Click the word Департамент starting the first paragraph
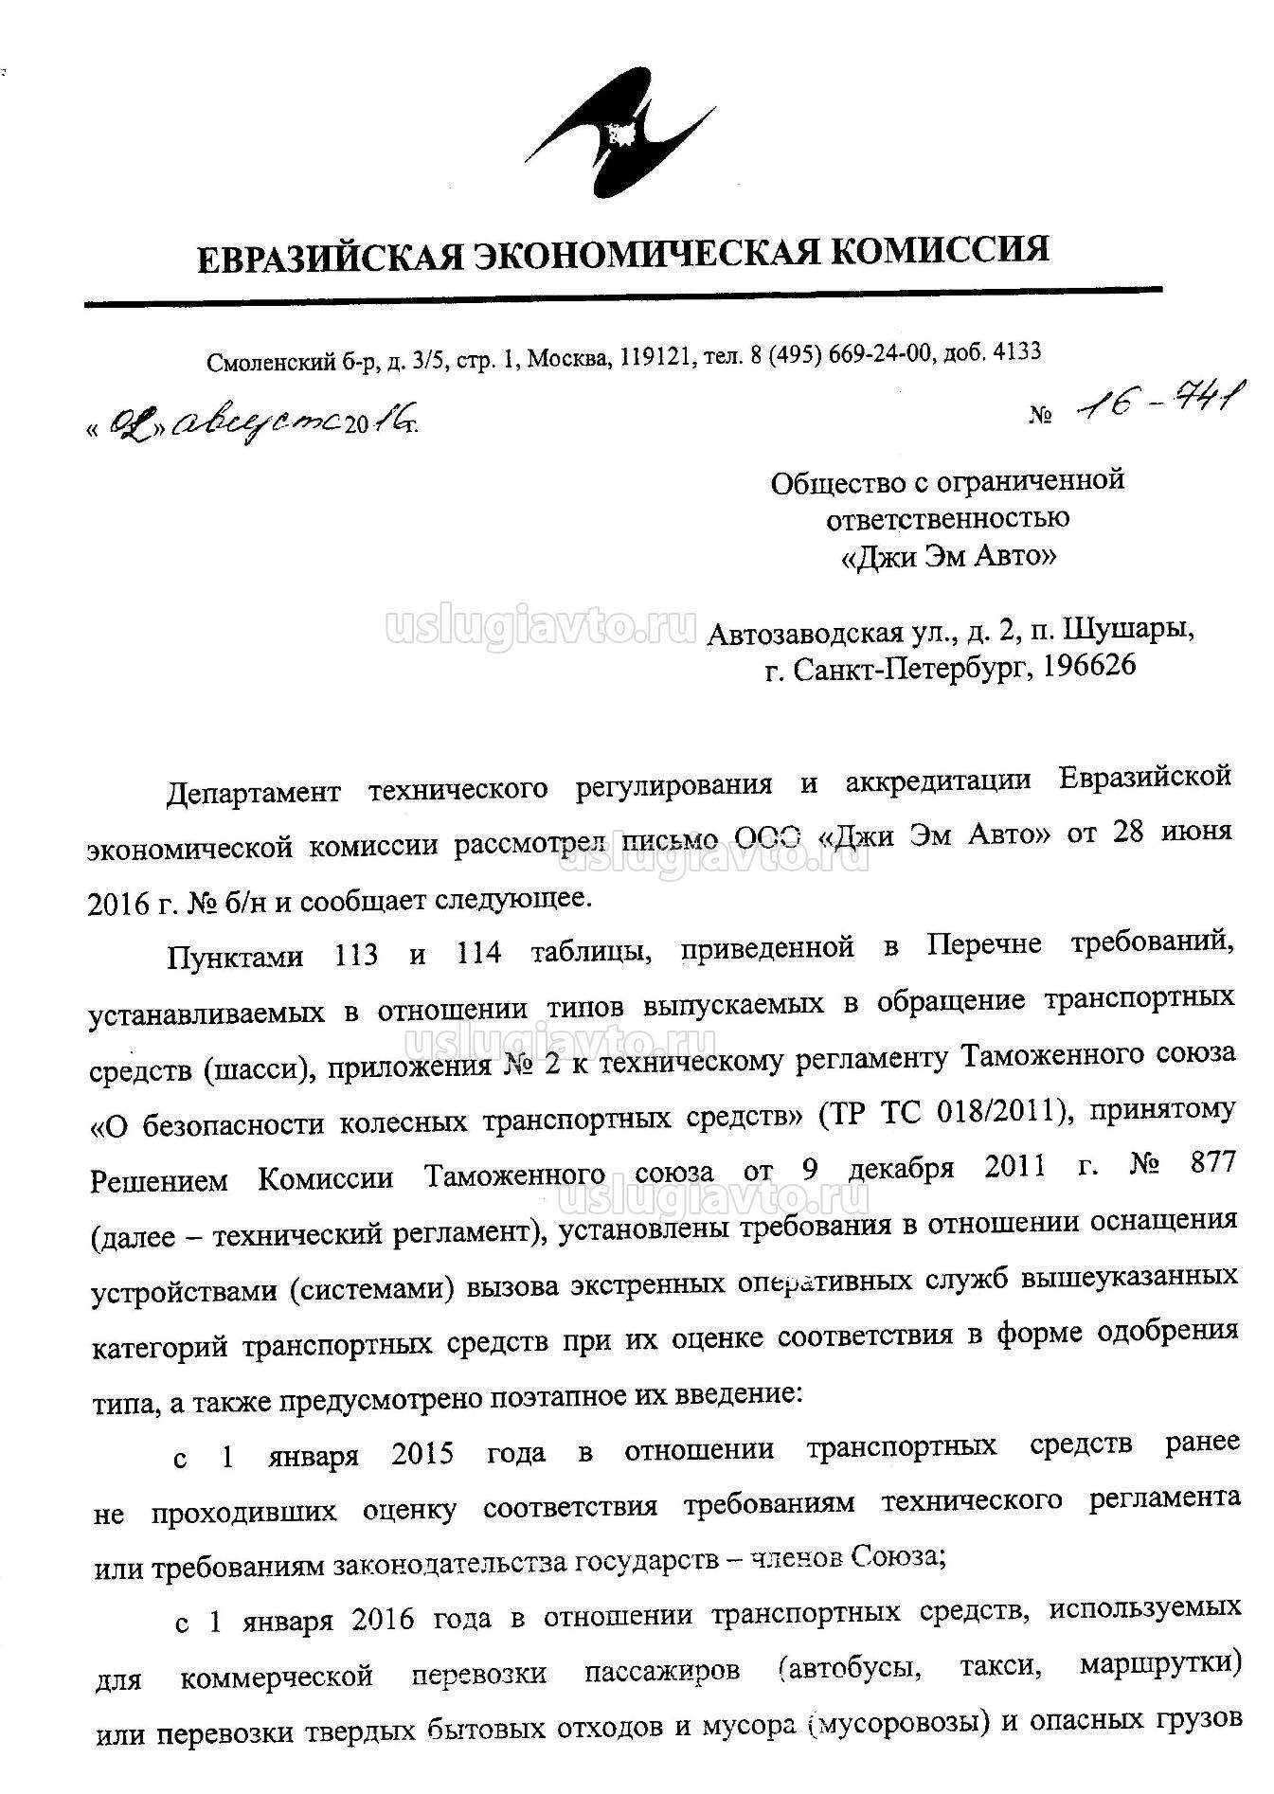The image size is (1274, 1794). click(253, 788)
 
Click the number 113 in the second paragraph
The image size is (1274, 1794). click(356, 952)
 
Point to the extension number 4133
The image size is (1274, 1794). click(1018, 350)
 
